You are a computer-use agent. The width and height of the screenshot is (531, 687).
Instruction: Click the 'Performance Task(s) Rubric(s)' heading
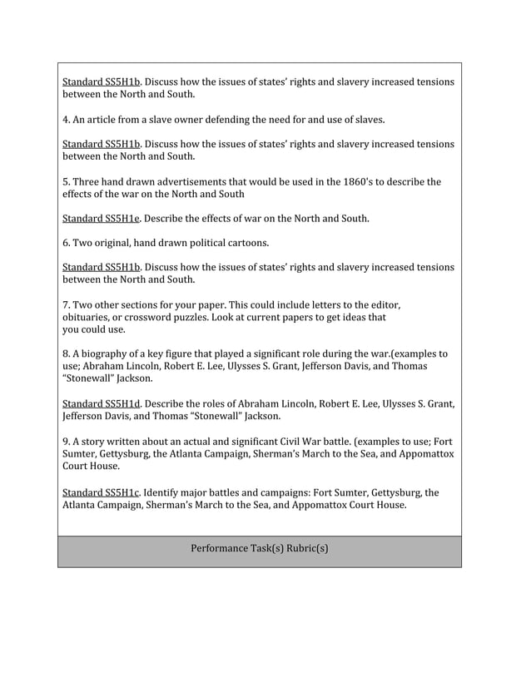click(x=260, y=549)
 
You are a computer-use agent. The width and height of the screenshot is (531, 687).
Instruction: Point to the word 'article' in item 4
click(x=107, y=119)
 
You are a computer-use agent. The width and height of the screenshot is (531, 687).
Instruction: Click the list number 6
click(x=66, y=244)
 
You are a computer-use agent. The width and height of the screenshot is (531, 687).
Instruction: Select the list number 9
click(x=66, y=441)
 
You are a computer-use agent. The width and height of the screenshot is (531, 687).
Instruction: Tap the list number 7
click(x=66, y=304)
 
